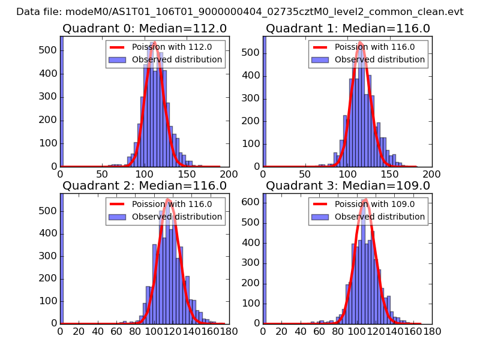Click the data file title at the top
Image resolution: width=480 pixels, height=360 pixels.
[240, 11]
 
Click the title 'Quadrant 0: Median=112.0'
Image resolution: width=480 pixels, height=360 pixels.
[145, 29]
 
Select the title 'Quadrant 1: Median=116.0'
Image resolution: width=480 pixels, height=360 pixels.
[348, 29]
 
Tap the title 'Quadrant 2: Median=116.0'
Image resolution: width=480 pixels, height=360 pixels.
[145, 185]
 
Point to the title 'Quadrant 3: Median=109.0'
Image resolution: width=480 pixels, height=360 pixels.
[348, 185]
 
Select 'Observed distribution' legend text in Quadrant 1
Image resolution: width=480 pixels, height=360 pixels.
[379, 59]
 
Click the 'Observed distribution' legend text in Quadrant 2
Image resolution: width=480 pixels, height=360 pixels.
[176, 216]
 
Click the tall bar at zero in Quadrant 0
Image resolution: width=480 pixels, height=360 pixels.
[62, 102]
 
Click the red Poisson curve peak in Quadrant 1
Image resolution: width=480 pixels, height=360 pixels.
[361, 43]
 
